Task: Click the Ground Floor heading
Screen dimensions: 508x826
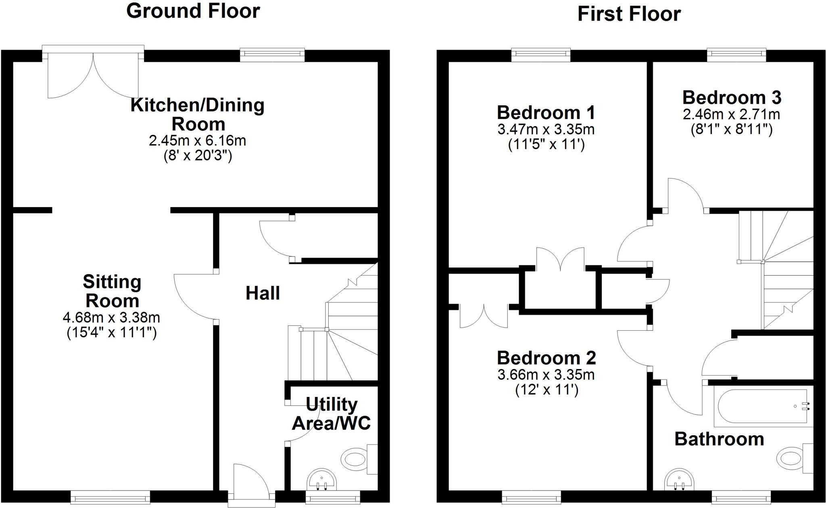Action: [193, 11]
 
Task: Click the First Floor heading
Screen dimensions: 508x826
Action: [629, 14]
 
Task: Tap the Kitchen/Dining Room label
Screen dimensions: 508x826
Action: [198, 114]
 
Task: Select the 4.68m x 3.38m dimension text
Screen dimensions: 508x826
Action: [111, 318]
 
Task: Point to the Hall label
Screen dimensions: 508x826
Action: [263, 293]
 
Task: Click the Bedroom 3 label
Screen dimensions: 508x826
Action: [732, 98]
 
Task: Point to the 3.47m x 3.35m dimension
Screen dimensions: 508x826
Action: [546, 130]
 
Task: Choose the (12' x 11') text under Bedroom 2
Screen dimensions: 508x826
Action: [546, 390]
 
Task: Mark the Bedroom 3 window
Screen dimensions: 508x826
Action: [736, 55]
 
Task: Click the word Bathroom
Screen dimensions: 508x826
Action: [719, 439]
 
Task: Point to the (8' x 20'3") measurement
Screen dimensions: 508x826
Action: [198, 156]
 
